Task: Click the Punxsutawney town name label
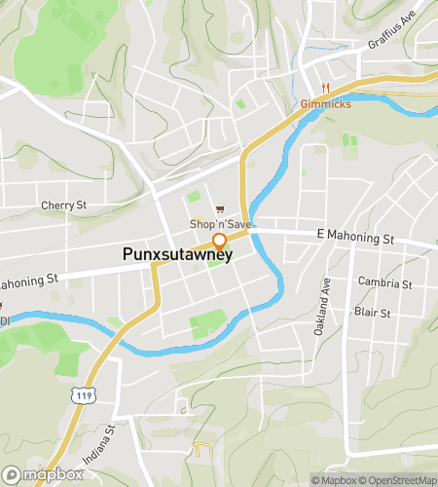(x=177, y=254)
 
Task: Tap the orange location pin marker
(x=220, y=241)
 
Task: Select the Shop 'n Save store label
(x=220, y=225)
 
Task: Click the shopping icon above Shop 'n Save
(x=220, y=207)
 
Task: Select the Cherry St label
(x=64, y=206)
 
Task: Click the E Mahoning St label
(x=355, y=238)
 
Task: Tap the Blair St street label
(x=372, y=314)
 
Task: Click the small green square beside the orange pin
(x=213, y=260)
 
